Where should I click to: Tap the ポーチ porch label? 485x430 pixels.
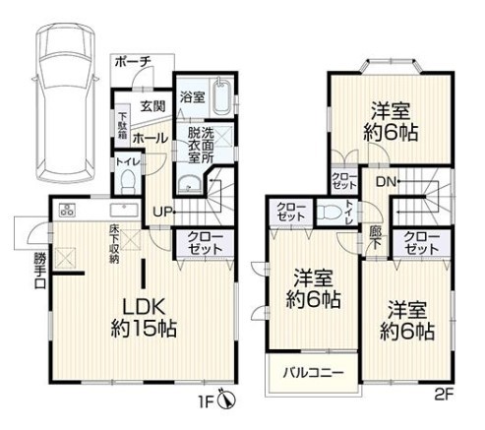pyautogui.click(x=133, y=61)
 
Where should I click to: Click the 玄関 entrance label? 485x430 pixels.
pyautogui.click(x=152, y=106)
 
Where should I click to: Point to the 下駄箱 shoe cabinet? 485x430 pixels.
pyautogui.click(x=123, y=125)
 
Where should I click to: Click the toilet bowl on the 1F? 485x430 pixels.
pyautogui.click(x=128, y=181)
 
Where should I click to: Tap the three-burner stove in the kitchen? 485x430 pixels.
pyautogui.click(x=67, y=210)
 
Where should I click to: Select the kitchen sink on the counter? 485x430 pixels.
pyautogui.click(x=124, y=210)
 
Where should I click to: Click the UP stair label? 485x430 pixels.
pyautogui.click(x=163, y=213)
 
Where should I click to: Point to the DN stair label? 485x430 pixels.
pyautogui.click(x=386, y=181)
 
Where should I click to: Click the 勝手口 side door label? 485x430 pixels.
pyautogui.click(x=39, y=272)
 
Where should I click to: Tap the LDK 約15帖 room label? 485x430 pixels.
pyautogui.click(x=144, y=318)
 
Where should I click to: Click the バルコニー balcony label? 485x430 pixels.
pyautogui.click(x=313, y=373)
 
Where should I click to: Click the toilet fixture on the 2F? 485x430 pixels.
pyautogui.click(x=331, y=212)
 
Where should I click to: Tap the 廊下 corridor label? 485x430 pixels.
pyautogui.click(x=375, y=238)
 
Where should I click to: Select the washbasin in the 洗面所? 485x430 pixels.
pyautogui.click(x=190, y=184)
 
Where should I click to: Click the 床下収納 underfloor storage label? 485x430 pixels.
pyautogui.click(x=114, y=244)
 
